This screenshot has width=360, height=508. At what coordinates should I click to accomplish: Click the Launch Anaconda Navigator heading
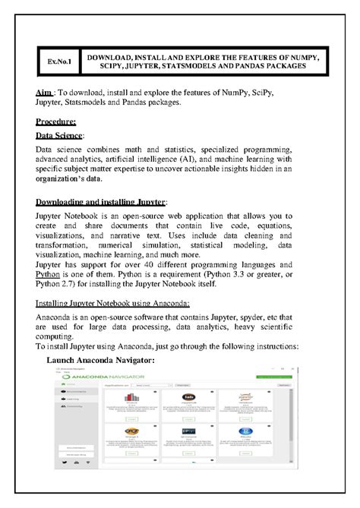[101, 359]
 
